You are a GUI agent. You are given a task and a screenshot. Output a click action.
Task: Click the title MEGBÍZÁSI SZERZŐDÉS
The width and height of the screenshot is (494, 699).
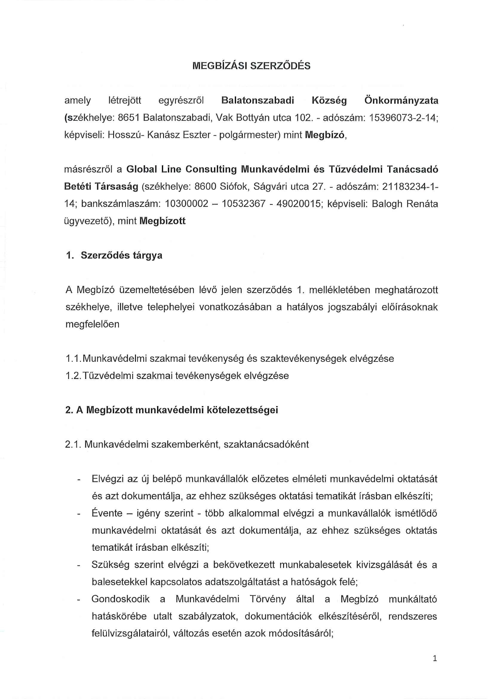[251, 66]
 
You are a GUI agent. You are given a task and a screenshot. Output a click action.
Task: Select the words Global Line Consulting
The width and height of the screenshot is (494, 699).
[181, 169]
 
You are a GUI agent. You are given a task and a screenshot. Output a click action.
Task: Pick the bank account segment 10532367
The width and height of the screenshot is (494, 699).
[244, 204]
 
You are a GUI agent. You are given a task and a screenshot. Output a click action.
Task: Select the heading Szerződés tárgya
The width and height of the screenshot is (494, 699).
[122, 255]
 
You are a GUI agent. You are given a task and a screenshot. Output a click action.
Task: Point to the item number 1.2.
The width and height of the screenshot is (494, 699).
[74, 375]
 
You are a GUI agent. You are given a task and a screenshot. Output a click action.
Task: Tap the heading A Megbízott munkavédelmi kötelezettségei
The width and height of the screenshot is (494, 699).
[171, 410]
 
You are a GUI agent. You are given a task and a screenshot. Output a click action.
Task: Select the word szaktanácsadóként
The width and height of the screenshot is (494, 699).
[266, 444]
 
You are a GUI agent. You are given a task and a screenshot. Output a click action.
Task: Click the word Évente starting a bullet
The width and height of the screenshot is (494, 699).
[107, 513]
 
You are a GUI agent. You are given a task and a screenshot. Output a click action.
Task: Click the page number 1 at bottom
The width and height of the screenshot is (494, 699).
[435, 658]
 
